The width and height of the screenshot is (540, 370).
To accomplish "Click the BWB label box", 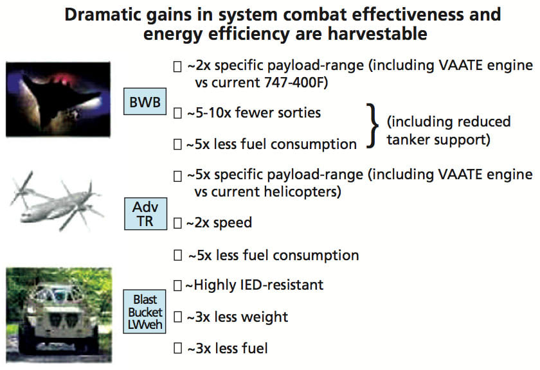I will click(x=145, y=101).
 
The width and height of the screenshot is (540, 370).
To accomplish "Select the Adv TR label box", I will click(x=145, y=214).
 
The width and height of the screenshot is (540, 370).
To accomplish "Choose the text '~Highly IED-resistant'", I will click(x=255, y=285).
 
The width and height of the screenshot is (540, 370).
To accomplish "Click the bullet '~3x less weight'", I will click(x=237, y=317).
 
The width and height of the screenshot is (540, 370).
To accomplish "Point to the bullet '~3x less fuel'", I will click(x=227, y=348).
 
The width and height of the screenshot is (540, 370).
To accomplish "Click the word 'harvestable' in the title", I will click(x=373, y=34).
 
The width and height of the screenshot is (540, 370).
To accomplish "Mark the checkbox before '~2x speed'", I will click(x=178, y=223).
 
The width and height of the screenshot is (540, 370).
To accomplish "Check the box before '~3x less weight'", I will click(x=178, y=317).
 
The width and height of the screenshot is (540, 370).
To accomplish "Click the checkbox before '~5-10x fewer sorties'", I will click(x=178, y=112).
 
